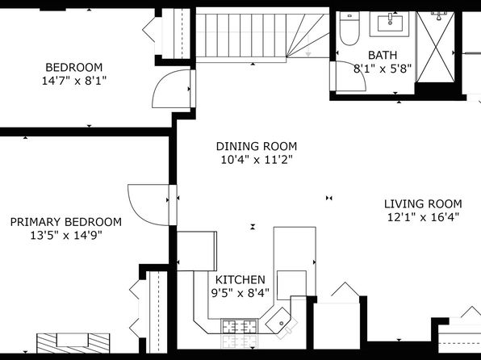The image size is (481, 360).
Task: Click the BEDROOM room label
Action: tap(74, 67)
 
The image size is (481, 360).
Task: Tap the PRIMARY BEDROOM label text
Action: tap(66, 222)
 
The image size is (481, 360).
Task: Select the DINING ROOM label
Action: tap(257, 146)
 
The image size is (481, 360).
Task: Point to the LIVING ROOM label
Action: tap(423, 203)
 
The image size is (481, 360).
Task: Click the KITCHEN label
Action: tap(240, 280)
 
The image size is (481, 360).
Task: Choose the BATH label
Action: tap(383, 55)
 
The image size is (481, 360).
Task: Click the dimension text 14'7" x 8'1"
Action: tap(74, 81)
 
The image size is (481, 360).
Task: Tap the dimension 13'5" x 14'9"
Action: tap(66, 236)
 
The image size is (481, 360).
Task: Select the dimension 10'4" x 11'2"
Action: tap(257, 160)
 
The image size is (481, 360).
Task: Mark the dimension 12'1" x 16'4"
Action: tap(423, 217)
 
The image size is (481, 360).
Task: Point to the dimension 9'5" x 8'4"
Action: tap(240, 293)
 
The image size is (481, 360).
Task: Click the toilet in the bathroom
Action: tap(349, 28)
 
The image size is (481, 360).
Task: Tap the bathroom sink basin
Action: tap(390, 23)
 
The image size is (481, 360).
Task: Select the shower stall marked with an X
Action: tap(436, 47)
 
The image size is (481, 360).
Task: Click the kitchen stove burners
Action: tap(240, 326)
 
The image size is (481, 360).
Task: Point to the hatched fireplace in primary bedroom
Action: tap(73, 343)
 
